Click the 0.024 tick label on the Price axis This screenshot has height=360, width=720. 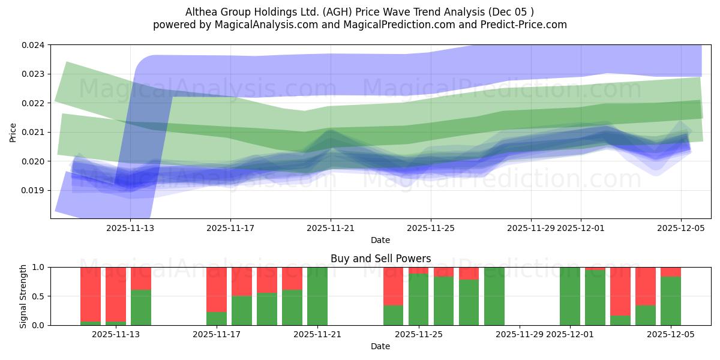pos(34,45)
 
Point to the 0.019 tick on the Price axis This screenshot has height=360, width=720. pos(34,190)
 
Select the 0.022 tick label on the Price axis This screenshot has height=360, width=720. pos(34,103)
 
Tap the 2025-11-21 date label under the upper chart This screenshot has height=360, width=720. pos(331,228)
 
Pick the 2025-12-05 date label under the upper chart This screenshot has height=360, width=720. pos(680,228)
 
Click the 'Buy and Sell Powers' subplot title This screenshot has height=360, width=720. pos(380,259)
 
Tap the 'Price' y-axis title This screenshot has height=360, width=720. pos(13,132)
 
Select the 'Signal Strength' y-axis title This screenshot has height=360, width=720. pos(24,296)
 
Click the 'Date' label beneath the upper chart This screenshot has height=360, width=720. pos(380,240)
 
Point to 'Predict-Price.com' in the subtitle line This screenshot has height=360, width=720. pos(521,25)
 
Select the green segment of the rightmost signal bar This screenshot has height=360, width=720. pos(671,301)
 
